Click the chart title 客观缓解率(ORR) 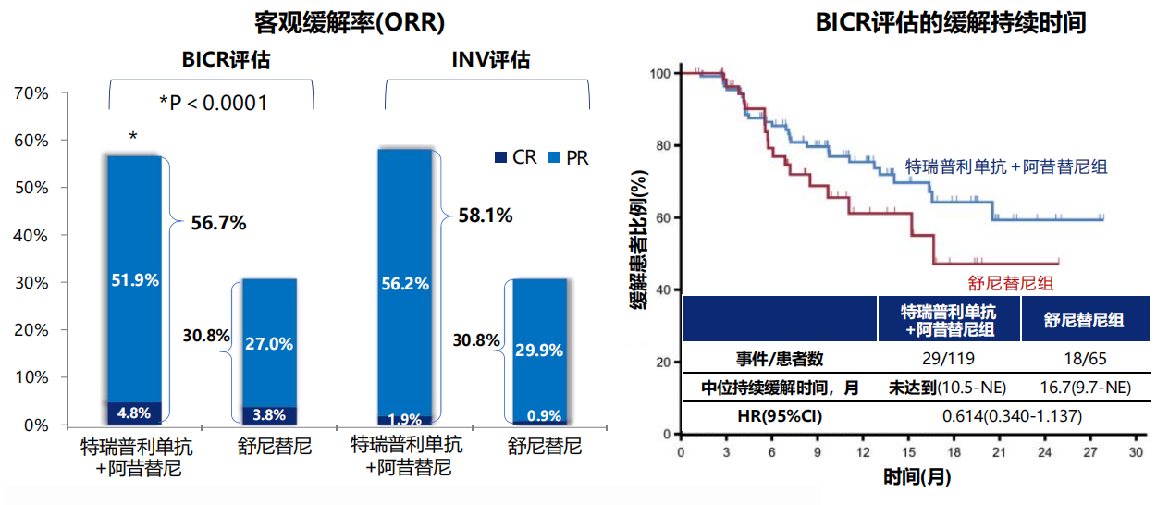(x=350, y=23)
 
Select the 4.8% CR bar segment (x=134, y=413)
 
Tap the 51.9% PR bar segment (x=134, y=279)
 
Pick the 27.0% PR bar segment (x=269, y=343)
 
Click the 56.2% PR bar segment (x=405, y=283)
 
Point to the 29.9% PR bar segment (x=539, y=350)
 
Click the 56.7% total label (x=218, y=223)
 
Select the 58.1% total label (x=486, y=216)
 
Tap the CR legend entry (x=516, y=157)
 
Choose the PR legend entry (x=569, y=157)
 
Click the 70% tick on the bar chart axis (x=31, y=93)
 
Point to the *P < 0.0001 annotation (x=213, y=103)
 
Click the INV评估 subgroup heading (x=490, y=59)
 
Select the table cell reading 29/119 (x=948, y=359)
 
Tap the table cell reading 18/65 (x=1085, y=359)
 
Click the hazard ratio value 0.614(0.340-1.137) (x=1012, y=416)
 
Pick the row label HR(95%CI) (x=780, y=416)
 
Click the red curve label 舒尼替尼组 (x=1010, y=283)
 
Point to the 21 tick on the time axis (x=999, y=451)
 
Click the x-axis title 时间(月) (x=917, y=477)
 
